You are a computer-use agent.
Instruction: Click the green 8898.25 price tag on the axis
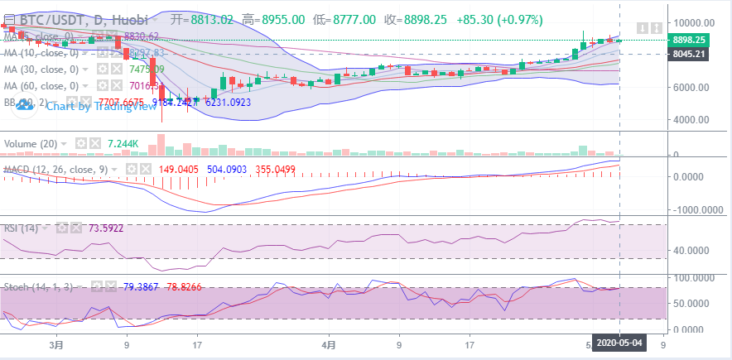[689, 40]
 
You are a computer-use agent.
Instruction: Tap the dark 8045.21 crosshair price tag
[689, 54]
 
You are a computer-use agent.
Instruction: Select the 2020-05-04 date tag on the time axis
[619, 343]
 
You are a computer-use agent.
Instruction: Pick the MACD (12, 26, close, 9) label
[55, 169]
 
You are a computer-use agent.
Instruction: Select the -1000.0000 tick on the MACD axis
[691, 209]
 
